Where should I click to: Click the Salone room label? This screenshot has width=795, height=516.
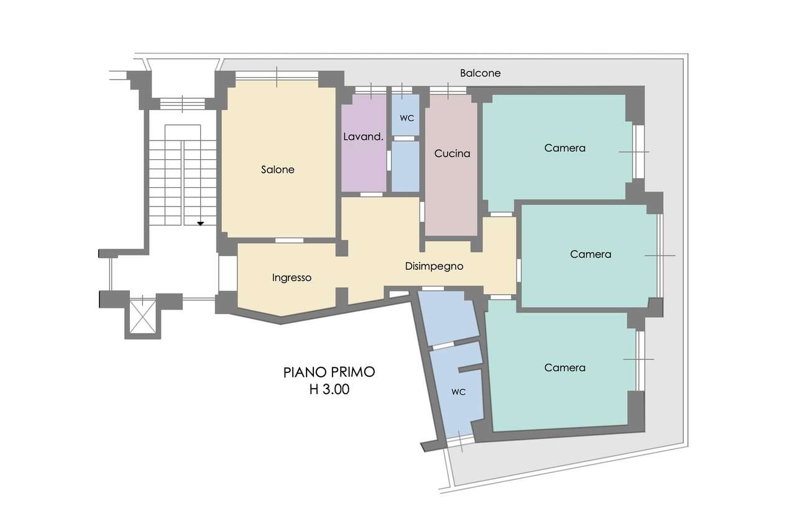pos(278,170)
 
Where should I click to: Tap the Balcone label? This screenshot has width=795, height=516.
pos(480,73)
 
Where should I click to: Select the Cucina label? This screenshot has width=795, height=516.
pos(452,154)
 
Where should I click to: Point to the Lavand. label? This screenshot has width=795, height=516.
pos(364,137)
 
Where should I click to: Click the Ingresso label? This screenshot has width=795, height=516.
pos(292,277)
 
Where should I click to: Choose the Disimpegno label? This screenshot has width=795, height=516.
pos(434,266)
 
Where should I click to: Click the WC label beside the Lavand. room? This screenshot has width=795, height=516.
pos(407,118)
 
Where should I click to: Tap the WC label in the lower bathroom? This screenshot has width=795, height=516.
pos(459,392)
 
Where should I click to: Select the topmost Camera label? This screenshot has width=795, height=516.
pos(564,148)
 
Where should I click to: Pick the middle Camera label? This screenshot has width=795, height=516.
pos(591,254)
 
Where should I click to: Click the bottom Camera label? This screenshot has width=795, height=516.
pos(564,367)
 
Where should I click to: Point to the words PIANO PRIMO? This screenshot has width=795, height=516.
pos(329,372)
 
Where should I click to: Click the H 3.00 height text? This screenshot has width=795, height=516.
pos(329,389)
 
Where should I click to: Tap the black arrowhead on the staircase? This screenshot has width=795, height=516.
pos(201,224)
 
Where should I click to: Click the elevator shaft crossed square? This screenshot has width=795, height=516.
pos(142,317)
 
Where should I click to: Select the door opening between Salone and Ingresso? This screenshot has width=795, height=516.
pos(289,240)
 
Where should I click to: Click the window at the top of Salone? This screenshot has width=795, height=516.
pos(277,76)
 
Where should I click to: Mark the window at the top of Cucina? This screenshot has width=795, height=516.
pos(448,90)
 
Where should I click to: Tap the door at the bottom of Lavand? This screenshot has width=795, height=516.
pos(372,195)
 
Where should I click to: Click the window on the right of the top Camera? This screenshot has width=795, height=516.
pos(638,152)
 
